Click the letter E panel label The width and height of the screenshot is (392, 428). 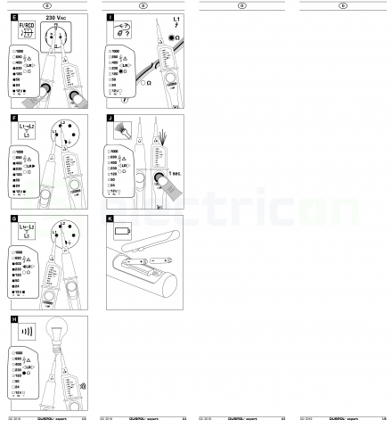tap(13, 17)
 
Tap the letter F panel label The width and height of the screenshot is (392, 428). tap(13, 117)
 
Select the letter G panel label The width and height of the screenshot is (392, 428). tap(13, 218)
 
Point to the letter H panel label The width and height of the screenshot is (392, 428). tap(13, 317)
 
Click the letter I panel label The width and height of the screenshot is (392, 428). tap(110, 17)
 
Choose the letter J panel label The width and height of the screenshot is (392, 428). tap(110, 117)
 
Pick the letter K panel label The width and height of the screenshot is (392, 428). tap(110, 218)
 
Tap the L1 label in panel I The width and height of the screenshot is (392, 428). tap(176, 19)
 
